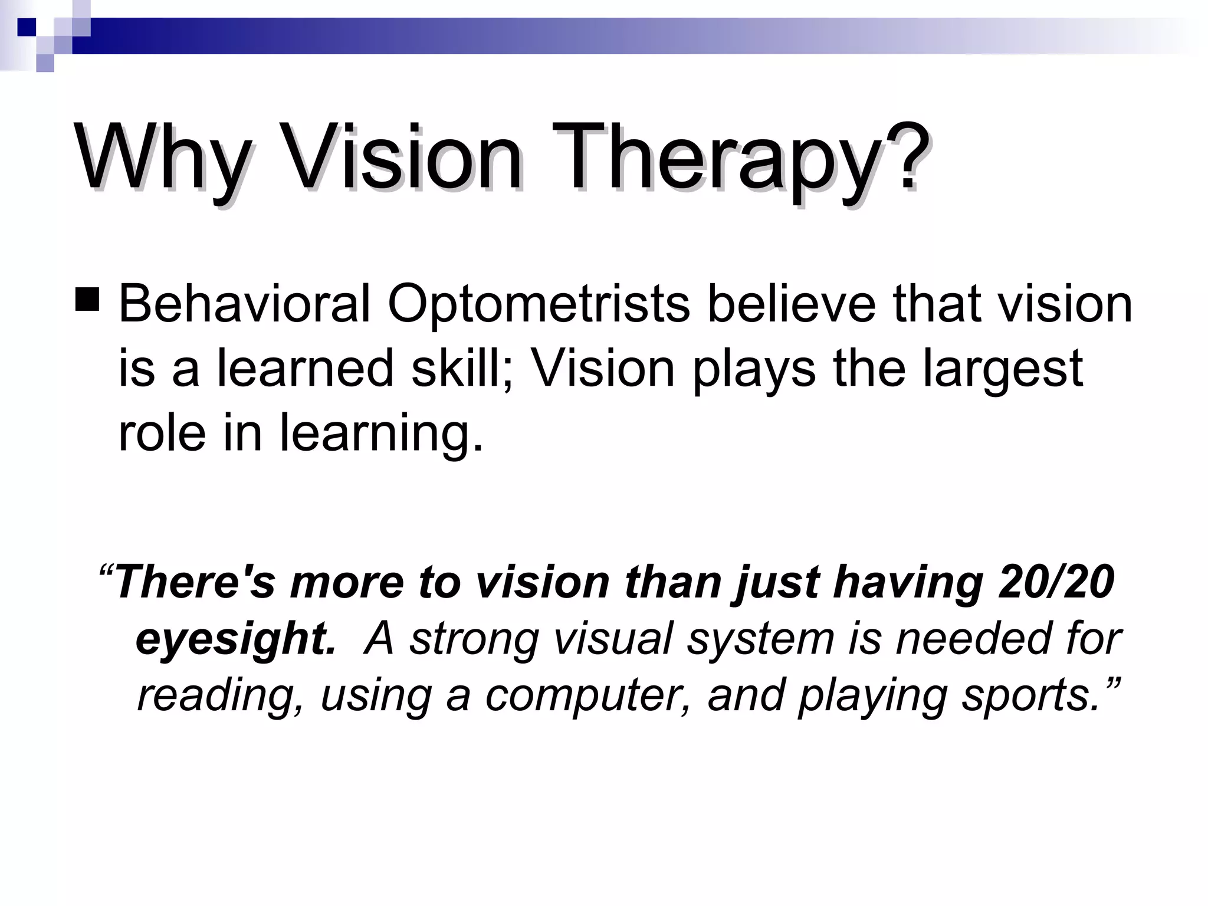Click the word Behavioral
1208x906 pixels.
point(244,304)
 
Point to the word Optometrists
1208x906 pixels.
point(539,304)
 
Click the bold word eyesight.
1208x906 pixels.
point(235,639)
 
